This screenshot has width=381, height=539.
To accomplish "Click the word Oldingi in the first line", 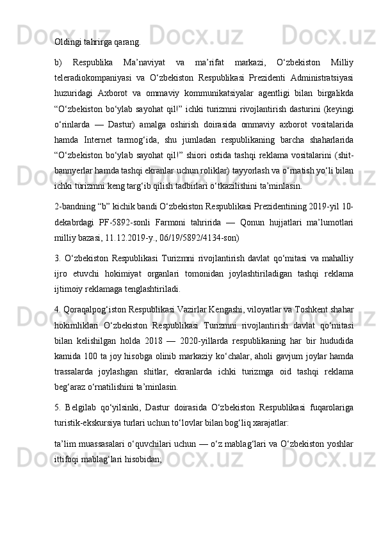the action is [67, 44].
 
